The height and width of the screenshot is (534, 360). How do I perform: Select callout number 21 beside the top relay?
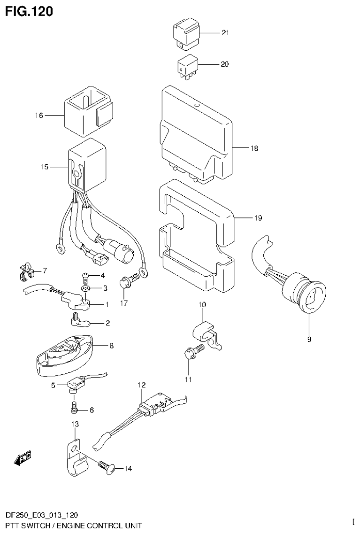[x=225, y=33]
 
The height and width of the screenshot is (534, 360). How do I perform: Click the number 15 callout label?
[x=45, y=167]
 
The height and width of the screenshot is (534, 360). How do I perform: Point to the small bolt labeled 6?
[x=74, y=409]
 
